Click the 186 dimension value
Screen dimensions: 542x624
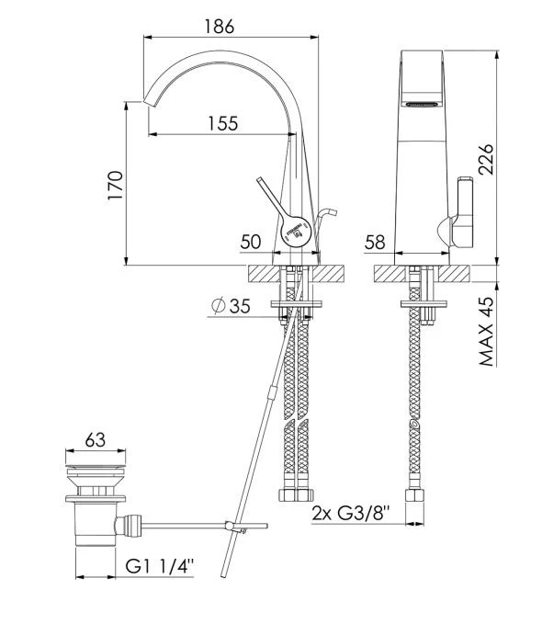pos(220,27)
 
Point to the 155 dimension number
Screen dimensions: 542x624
pos(223,123)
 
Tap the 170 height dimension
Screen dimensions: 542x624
pos(116,185)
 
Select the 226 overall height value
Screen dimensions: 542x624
pos(485,159)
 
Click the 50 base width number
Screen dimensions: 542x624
pos(251,242)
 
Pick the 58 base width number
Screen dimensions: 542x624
pos(375,242)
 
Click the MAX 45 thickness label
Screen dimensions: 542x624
pos(486,331)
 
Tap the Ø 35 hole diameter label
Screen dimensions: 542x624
pos(231,306)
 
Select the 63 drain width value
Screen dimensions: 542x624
pos(96,440)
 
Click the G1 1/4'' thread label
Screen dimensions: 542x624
pos(160,566)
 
